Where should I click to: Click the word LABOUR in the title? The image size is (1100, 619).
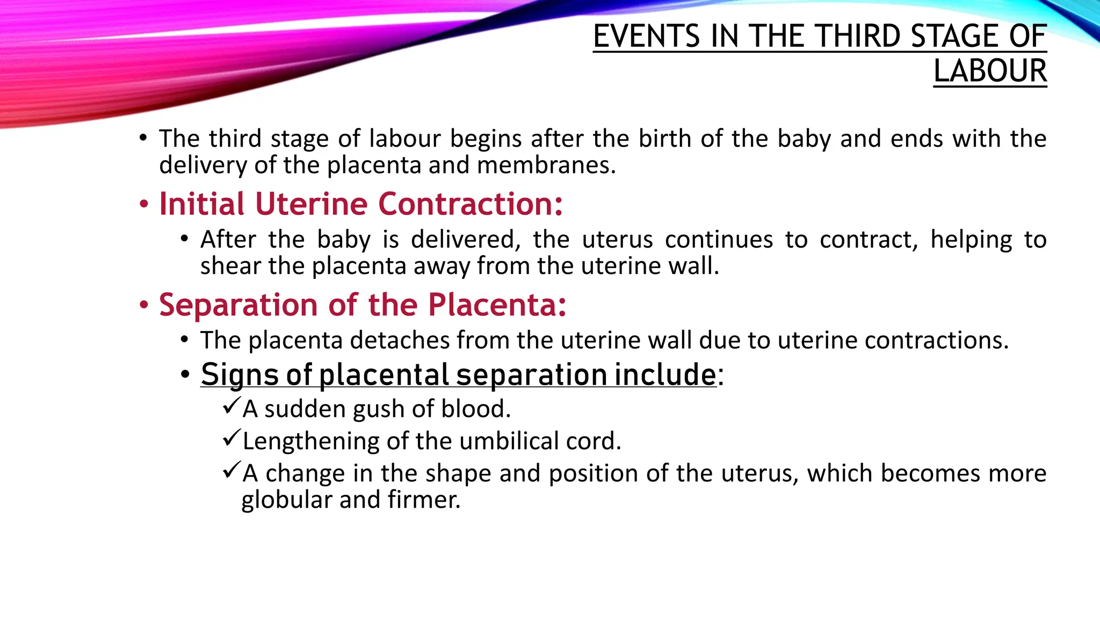990,71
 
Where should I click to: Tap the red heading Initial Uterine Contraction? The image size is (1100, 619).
361,204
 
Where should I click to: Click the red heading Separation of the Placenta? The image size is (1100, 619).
363,305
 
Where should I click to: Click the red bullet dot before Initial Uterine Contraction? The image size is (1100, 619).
143,205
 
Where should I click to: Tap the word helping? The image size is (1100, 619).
971,240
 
